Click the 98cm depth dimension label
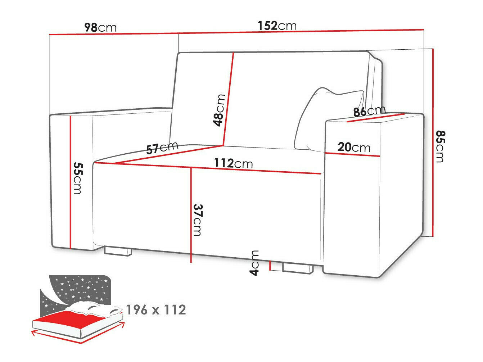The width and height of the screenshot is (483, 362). (100, 27)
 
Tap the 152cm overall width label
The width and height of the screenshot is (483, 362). (277, 26)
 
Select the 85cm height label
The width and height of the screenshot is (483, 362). (440, 146)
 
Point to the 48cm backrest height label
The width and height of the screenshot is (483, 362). (219, 110)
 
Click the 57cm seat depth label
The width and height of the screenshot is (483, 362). (162, 148)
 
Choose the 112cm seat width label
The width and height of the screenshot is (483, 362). (234, 163)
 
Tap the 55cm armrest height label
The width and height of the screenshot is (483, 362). (78, 178)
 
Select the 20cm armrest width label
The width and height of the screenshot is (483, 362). (353, 147)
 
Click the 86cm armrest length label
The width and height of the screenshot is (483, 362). (369, 111)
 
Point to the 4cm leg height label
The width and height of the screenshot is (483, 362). (254, 263)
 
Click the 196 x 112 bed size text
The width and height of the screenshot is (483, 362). (156, 310)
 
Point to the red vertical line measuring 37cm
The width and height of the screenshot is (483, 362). (191, 216)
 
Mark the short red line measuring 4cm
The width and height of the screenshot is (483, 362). (270, 266)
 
